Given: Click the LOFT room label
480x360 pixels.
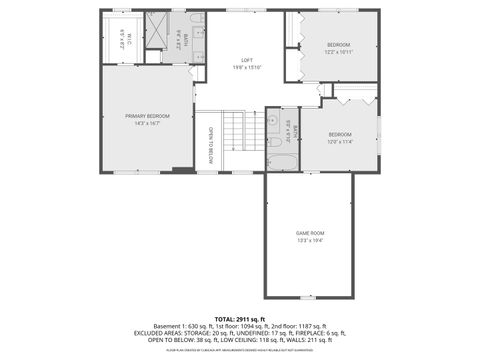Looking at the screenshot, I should tap(240, 60).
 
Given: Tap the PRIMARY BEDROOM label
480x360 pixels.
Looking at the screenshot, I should tap(147, 116).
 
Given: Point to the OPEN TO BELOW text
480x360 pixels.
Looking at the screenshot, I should tap(211, 145).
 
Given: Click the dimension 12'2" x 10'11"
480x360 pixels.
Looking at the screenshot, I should tap(339, 51).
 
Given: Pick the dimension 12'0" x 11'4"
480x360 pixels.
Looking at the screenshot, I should tap(340, 141).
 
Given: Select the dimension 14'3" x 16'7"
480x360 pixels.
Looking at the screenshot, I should tap(147, 123).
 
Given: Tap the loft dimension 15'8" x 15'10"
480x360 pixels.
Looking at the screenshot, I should tap(240, 67).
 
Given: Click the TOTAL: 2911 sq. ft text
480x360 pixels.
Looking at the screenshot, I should tap(240, 319).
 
